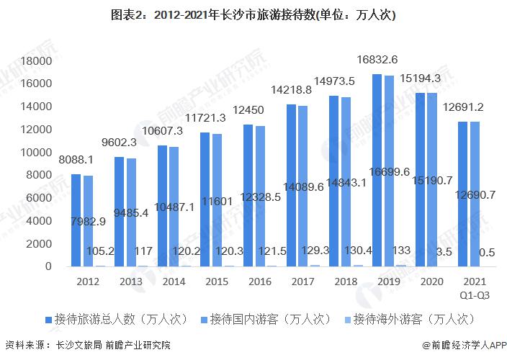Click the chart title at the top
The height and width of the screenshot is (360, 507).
pyautogui.click(x=253, y=14)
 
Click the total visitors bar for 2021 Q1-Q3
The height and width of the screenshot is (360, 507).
pyautogui.click(x=463, y=194)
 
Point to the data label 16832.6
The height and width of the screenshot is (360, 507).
pyautogui.click(x=377, y=60)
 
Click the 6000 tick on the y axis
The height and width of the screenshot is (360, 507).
pyautogui.click(x=39, y=198)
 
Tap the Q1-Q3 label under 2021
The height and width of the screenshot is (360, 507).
pyautogui.click(x=470, y=294)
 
